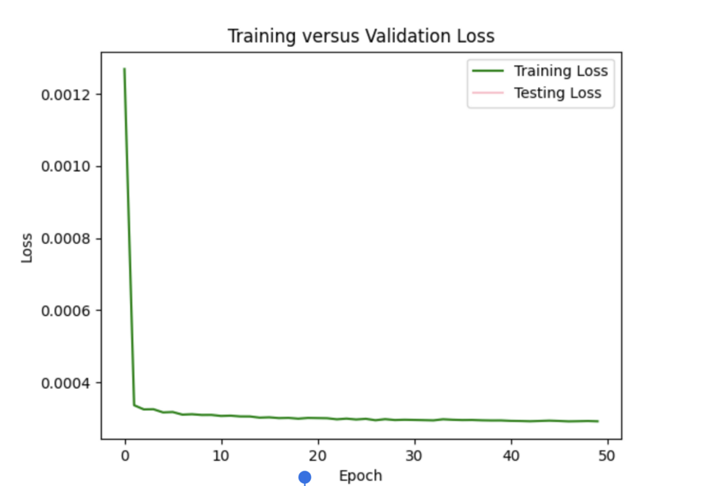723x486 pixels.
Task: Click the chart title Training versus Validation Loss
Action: point(361,35)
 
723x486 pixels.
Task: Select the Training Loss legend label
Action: point(560,71)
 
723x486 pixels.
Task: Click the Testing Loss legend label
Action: point(557,93)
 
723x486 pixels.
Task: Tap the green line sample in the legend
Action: point(488,71)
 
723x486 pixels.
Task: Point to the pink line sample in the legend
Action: point(488,93)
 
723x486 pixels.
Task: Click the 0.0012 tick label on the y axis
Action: point(69,95)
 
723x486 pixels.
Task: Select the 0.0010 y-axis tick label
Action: point(69,166)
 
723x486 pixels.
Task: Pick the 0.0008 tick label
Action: point(69,239)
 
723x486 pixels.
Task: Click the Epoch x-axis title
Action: point(360,476)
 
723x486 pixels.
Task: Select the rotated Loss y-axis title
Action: point(27,247)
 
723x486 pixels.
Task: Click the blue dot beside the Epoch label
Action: point(304,477)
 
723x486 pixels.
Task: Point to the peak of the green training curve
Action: point(124,69)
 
